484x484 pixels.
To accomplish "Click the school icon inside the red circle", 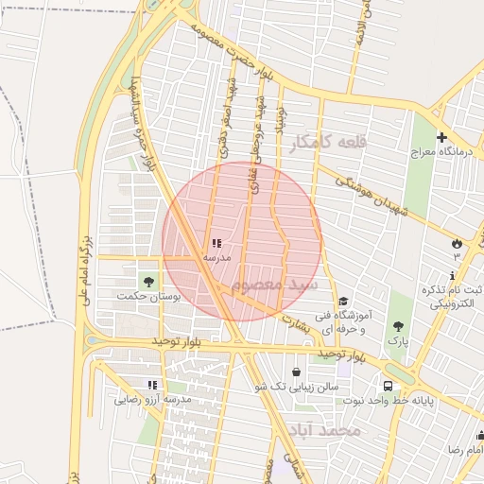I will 216,243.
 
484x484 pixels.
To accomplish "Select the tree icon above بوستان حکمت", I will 147,281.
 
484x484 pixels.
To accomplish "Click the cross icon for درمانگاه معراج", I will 441,137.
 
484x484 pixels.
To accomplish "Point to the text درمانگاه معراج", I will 441,151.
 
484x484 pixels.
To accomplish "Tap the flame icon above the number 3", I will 457,242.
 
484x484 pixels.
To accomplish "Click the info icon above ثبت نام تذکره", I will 452,274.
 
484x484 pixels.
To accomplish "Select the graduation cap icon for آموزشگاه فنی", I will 341,302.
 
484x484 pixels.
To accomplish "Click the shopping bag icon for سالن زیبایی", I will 298,372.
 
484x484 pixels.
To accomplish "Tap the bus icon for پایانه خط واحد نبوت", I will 388,385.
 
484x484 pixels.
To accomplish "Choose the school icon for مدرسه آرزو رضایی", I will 151,385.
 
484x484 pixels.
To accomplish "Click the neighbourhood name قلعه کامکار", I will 329,143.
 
